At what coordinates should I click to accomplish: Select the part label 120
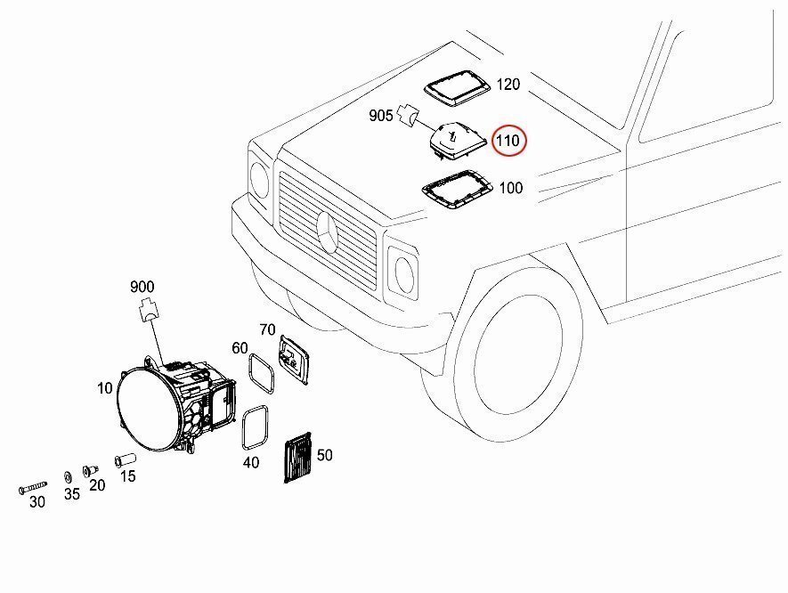[508, 85]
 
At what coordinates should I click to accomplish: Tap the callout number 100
[510, 188]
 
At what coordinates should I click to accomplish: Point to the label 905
[382, 116]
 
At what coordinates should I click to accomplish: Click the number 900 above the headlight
[142, 287]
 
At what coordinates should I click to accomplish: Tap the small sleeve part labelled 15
[125, 461]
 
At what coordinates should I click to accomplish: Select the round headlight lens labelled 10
[148, 410]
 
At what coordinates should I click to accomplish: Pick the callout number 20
[97, 485]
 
